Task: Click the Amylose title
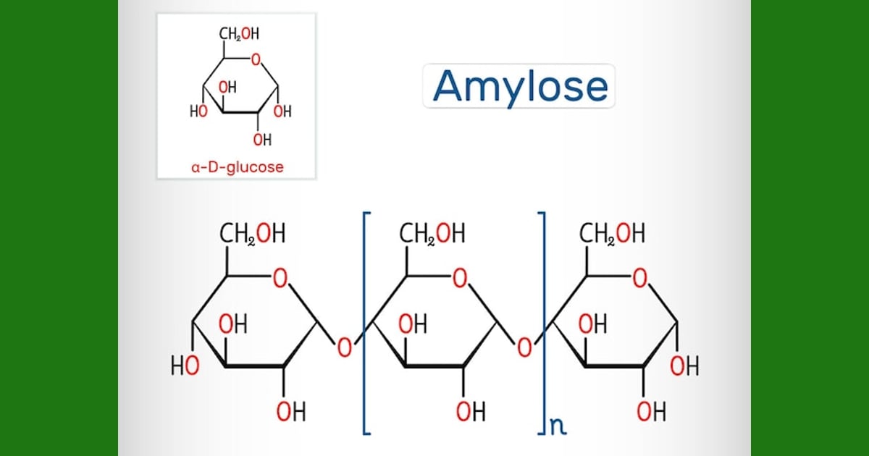coord(520,87)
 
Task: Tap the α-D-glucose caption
coord(238,167)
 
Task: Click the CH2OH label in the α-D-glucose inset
coord(240,34)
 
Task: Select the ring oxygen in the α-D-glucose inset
coord(256,59)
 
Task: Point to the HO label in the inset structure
coord(198,111)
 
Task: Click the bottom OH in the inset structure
coord(262,140)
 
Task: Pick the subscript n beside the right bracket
coord(558,426)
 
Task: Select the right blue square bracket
coord(544,323)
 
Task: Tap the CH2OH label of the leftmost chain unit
coord(253,233)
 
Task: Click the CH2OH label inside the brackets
coord(432,233)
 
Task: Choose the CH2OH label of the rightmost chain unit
coord(612,233)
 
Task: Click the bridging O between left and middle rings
coord(345,347)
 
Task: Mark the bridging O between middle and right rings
coord(524,347)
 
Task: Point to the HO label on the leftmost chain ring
coord(185,366)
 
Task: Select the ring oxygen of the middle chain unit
coord(460,279)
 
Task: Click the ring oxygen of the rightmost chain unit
coord(639,279)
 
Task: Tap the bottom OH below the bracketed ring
coord(471,411)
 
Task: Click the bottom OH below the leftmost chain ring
coord(291,411)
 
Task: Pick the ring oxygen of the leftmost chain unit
coord(280,279)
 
